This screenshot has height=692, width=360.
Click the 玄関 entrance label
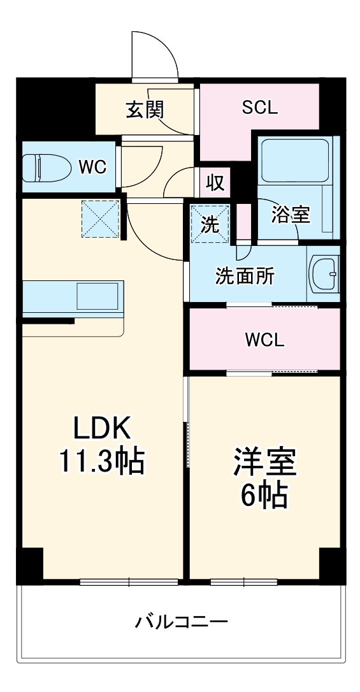click(144, 109)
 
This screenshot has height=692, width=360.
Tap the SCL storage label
click(259, 107)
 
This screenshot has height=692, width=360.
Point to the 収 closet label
click(215, 184)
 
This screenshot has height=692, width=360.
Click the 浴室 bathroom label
click(290, 215)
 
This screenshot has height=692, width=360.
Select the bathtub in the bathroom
click(294, 159)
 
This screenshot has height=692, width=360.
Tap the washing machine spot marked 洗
click(210, 224)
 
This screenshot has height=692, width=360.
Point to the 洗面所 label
click(245, 276)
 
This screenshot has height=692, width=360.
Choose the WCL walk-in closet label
click(264, 340)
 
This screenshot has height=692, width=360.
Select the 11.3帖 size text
click(102, 461)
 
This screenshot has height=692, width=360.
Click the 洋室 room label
click(264, 463)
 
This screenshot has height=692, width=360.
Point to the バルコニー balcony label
click(181, 620)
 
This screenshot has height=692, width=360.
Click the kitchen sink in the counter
click(97, 296)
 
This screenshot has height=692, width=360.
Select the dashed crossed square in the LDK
click(100, 219)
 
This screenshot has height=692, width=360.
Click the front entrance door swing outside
click(153, 54)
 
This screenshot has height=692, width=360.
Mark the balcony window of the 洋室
click(244, 582)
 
